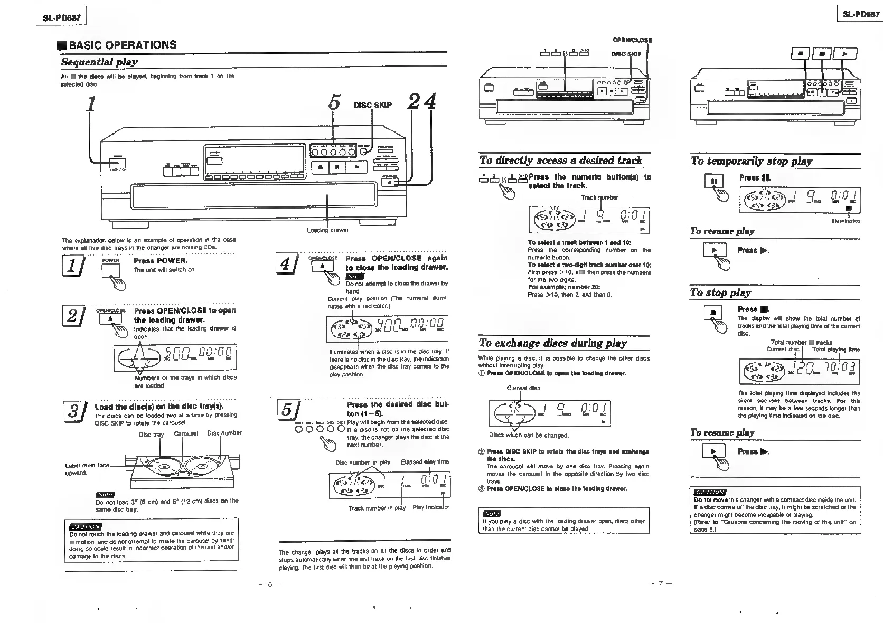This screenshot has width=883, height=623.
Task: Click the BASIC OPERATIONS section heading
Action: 123,45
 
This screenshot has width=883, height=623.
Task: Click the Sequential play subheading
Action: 99,62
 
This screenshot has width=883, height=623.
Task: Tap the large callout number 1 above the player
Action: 92,102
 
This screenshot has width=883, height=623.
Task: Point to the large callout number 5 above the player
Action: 333,102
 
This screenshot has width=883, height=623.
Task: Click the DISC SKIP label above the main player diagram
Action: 373,105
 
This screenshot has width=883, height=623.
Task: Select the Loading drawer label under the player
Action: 327,230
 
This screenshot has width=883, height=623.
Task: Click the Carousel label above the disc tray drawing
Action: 186,434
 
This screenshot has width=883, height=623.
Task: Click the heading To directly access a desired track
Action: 560,161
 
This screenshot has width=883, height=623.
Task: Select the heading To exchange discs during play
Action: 552,343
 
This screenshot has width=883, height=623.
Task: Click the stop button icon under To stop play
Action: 713,313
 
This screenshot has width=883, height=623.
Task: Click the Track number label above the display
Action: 599,197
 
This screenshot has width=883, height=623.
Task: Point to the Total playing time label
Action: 835,350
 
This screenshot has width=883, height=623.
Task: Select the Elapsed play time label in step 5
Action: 425,462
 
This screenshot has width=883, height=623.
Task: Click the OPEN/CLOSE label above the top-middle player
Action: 632,40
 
